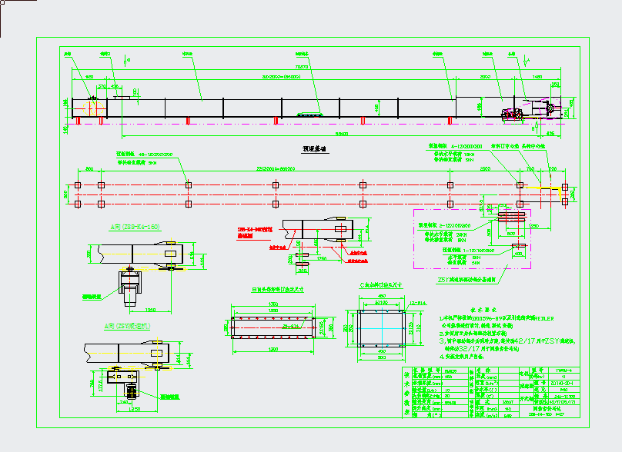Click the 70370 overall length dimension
pos(301,67)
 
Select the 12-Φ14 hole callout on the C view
pos(416,304)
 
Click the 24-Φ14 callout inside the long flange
pos(271,326)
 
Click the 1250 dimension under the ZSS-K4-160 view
pos(149,310)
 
